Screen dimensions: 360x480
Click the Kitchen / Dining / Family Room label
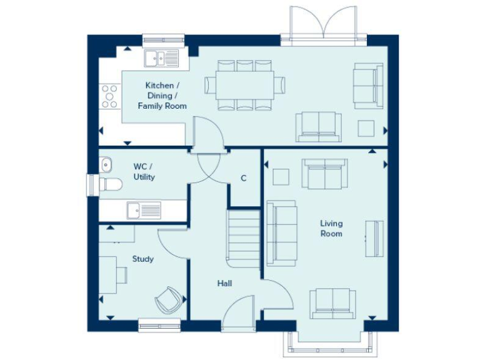tap(162, 96)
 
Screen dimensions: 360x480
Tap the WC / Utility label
tap(144, 172)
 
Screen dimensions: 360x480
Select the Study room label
tap(142, 259)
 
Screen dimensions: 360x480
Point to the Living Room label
tap(331, 228)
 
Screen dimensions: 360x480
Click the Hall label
tap(225, 283)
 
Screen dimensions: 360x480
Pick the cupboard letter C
tap(244, 178)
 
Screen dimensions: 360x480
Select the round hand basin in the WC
tap(105, 164)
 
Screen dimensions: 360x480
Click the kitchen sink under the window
tap(162, 59)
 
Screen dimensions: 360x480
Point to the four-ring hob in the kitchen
tap(109, 96)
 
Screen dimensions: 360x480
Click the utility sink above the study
tap(144, 210)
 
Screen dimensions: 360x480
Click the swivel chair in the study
tap(167, 300)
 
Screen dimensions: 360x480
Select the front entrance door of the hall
tap(238, 312)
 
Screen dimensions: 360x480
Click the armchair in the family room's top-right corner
tap(367, 86)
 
